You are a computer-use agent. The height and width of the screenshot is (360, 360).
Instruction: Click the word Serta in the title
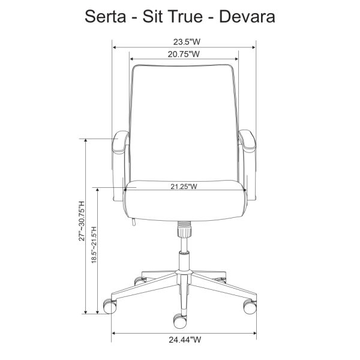(106, 17)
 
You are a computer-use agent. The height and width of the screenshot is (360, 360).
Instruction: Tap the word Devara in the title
(247, 17)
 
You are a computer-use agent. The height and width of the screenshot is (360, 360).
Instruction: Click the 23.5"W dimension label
(187, 42)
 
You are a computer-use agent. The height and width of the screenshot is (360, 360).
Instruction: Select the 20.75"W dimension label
(184, 54)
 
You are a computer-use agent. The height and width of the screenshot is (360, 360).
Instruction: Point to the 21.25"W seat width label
(184, 187)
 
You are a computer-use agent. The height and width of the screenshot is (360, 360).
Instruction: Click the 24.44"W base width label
(185, 340)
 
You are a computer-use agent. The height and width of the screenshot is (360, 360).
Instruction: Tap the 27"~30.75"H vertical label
(82, 221)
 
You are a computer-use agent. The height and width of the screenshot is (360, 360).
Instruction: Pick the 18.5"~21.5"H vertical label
(94, 245)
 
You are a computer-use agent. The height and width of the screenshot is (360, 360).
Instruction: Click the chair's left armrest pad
(121, 142)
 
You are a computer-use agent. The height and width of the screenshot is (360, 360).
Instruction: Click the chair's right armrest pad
(247, 141)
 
